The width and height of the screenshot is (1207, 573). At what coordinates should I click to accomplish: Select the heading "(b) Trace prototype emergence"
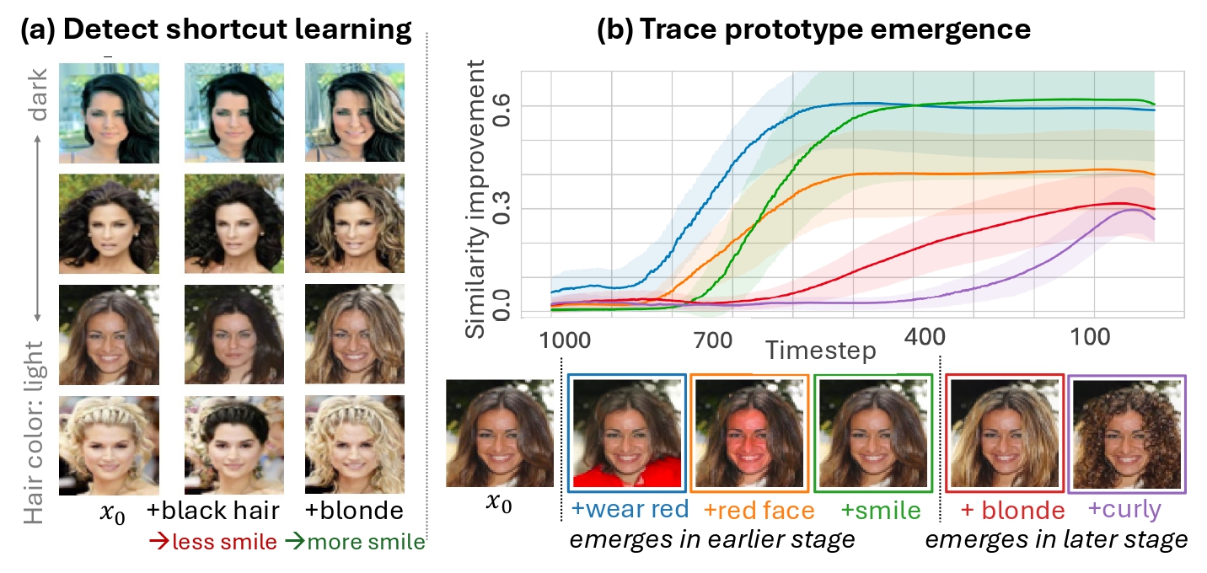(x=813, y=29)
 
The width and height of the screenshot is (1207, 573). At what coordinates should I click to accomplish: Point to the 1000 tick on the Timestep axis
(x=563, y=341)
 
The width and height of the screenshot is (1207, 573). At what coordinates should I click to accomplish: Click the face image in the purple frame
(x=1127, y=434)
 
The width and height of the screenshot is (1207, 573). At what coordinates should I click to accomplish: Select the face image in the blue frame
(x=625, y=434)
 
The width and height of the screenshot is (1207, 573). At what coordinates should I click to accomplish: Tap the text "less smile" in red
(x=223, y=542)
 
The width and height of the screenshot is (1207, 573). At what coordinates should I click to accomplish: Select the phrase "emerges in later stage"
(x=1056, y=540)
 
